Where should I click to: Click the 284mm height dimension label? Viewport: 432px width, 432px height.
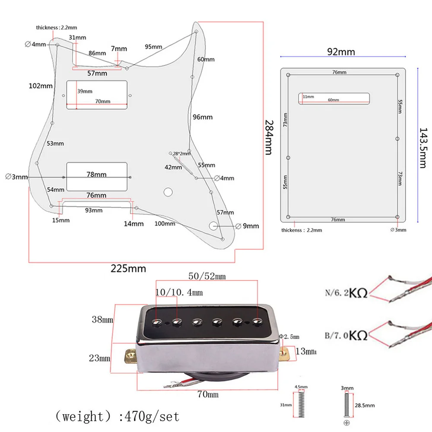pos(268,137)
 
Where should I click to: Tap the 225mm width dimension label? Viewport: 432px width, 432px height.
pos(128,268)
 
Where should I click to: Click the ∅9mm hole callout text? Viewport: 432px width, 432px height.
pos(247,226)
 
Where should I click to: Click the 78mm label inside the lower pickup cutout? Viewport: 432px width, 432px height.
pos(96,175)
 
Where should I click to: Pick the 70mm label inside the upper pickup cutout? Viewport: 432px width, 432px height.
pos(103,101)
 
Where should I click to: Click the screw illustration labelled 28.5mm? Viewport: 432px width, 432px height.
pos(346,405)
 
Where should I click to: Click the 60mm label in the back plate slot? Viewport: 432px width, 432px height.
pos(334,100)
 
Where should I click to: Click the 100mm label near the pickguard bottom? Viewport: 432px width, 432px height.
pos(165,223)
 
